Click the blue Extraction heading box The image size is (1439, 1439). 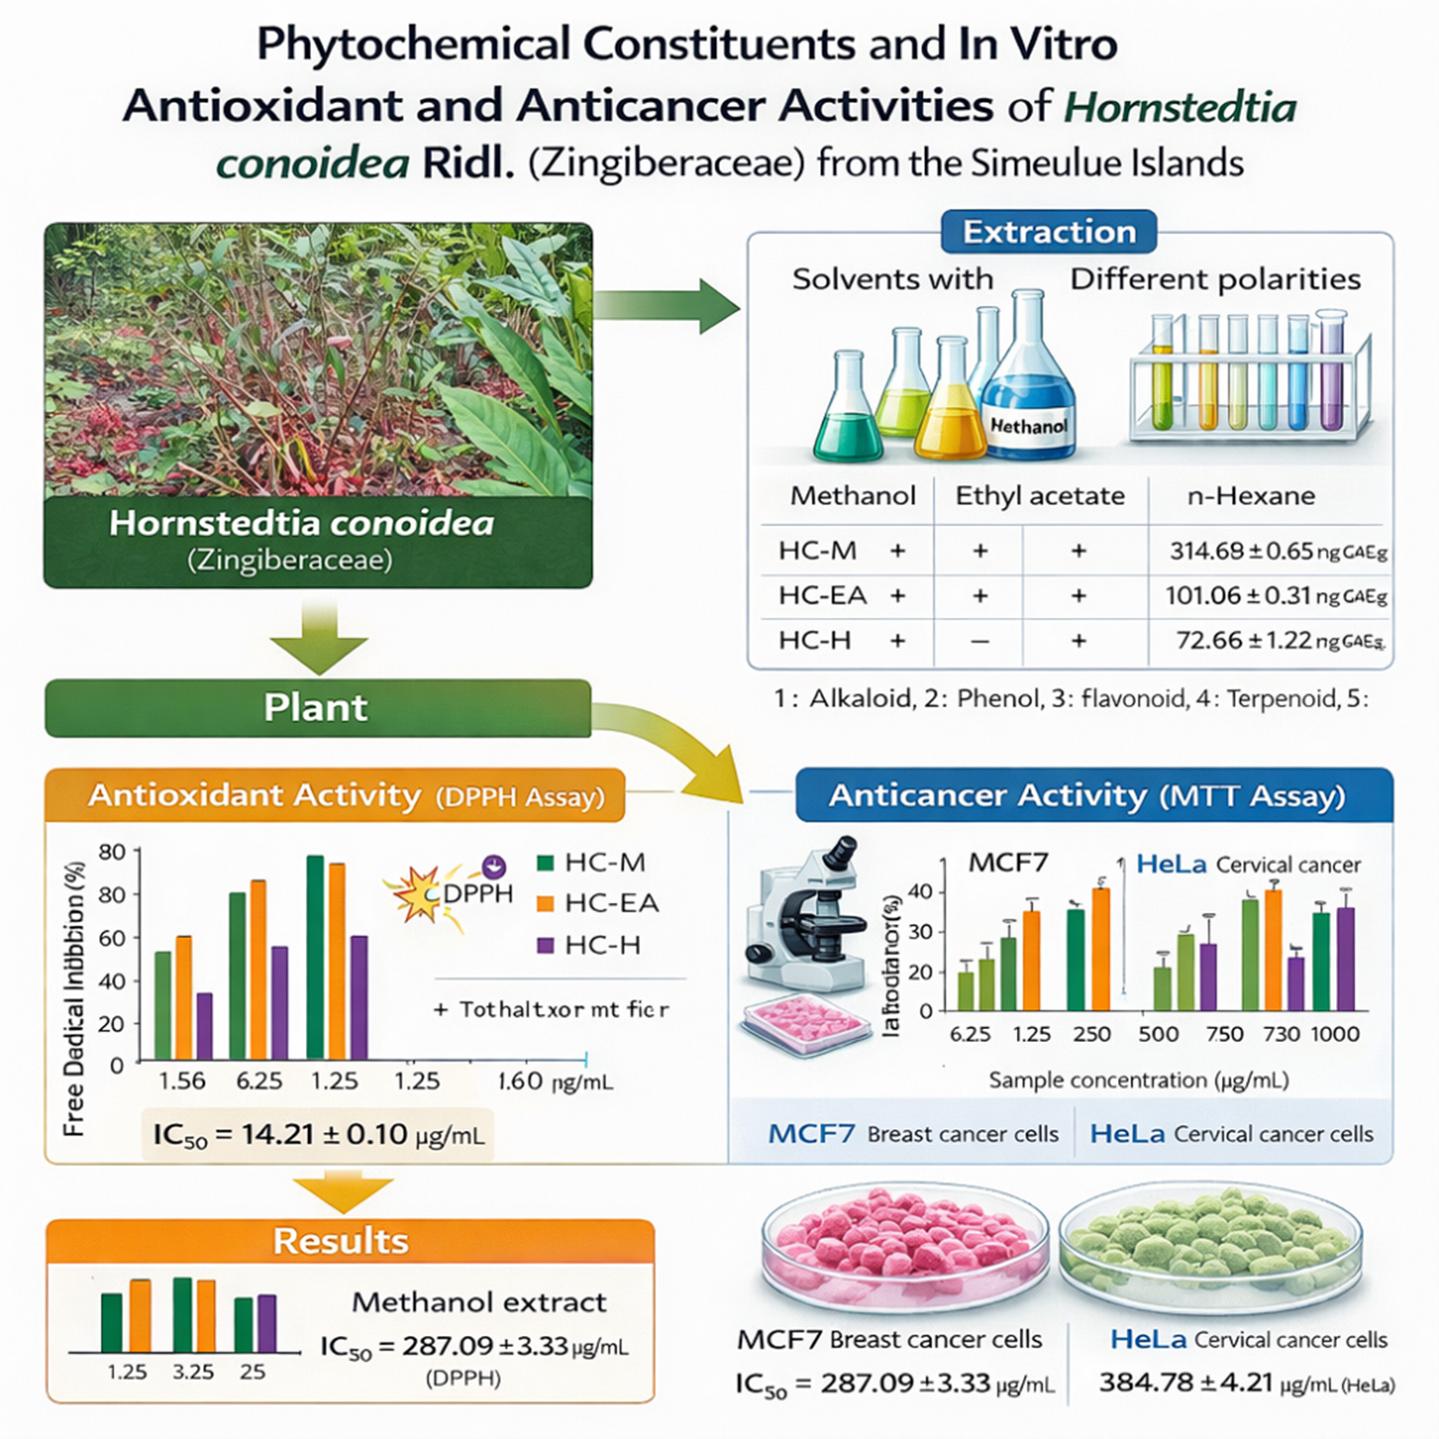click(1048, 231)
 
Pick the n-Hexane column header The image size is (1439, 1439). click(1251, 495)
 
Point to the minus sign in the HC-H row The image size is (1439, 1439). click(980, 641)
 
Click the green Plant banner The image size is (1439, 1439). click(316, 708)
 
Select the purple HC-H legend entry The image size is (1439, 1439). click(590, 945)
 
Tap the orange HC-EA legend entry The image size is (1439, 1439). click(599, 903)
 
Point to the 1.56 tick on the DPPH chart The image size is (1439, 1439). click(182, 1081)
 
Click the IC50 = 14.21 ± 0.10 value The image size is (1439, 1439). click(317, 1134)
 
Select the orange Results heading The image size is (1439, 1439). click(340, 1241)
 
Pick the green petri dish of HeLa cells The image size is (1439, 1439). click(1210, 1243)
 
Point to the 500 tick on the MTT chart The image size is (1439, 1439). click(1158, 1034)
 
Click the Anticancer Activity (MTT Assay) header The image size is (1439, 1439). click(1086, 795)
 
